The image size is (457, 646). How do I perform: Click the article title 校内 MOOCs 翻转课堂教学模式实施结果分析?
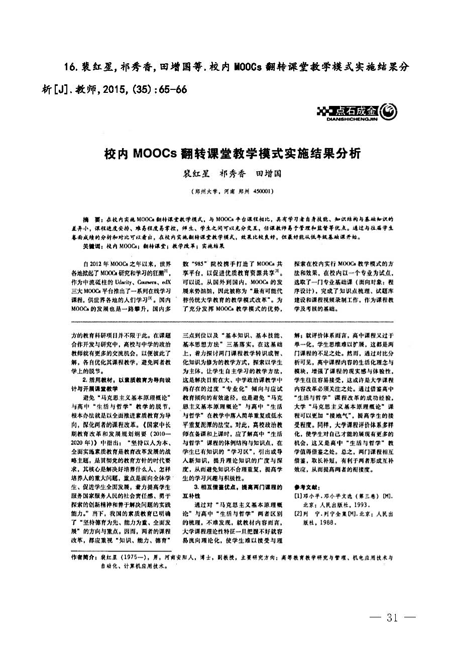(233, 153)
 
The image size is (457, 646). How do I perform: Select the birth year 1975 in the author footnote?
(130, 557)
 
